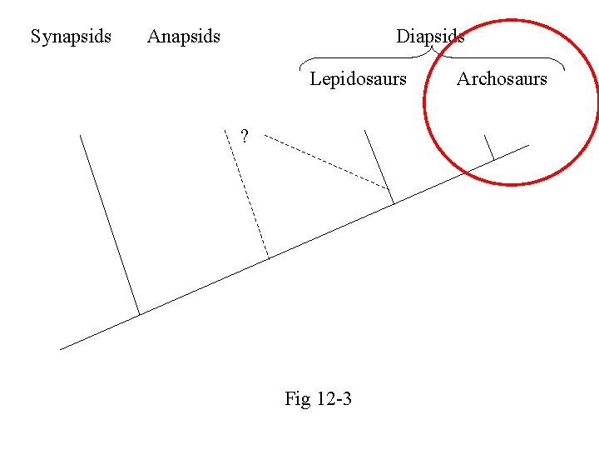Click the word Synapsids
(71, 37)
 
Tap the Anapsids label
(184, 37)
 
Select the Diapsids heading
(429, 37)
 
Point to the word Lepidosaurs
(358, 79)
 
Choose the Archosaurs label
(502, 79)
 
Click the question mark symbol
(244, 136)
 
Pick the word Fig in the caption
(297, 399)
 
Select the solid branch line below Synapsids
(109, 225)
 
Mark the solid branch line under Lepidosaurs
(379, 167)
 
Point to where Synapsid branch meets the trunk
(139, 315)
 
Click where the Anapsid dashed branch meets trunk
(269, 258)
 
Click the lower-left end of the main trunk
(62, 348)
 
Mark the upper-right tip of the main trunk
(528, 145)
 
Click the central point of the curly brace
(432, 49)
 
